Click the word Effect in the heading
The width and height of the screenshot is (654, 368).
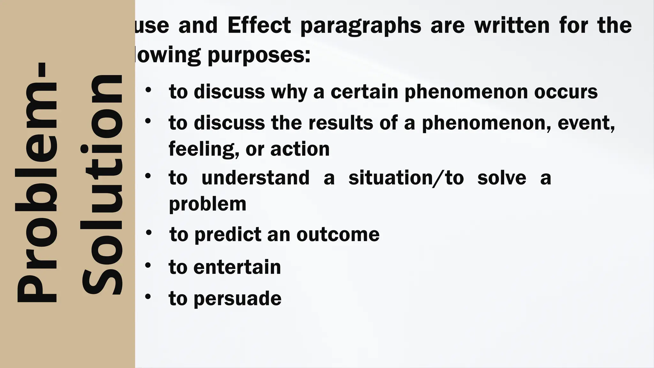click(x=259, y=26)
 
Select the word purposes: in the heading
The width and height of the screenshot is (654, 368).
click(x=259, y=55)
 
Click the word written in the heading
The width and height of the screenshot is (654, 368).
click(x=512, y=26)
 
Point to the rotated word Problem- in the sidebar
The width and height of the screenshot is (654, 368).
click(x=36, y=182)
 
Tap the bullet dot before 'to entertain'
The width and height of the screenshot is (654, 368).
click(x=148, y=265)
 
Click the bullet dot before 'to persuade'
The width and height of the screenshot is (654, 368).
click(x=148, y=296)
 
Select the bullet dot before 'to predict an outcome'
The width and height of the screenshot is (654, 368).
click(x=148, y=233)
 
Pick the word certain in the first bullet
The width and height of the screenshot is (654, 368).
click(x=364, y=92)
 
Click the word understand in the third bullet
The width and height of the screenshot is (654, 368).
click(x=255, y=178)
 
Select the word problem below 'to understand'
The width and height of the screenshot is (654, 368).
click(x=208, y=204)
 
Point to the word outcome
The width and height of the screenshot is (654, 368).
click(x=338, y=235)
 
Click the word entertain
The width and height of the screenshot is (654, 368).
click(x=237, y=267)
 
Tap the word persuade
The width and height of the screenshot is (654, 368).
click(x=238, y=299)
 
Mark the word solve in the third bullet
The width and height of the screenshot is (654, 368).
click(x=501, y=178)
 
